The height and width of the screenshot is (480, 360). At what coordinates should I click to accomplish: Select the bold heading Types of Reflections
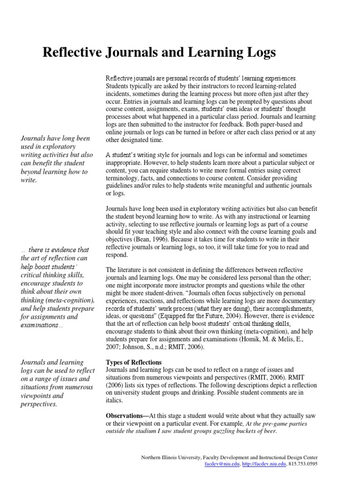[134, 362]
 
